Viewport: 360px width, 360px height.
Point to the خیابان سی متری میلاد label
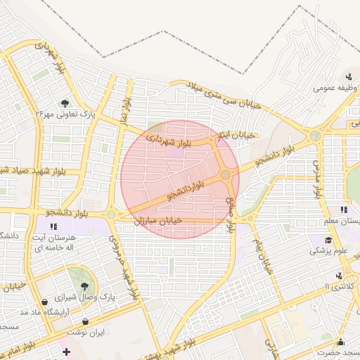pyautogui.click(x=224, y=95)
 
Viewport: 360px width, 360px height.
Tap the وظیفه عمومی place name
pyautogui.click(x=337, y=88)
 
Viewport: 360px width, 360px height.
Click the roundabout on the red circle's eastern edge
pyautogui.click(x=226, y=174)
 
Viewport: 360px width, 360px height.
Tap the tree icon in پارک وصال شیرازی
pyautogui.click(x=85, y=286)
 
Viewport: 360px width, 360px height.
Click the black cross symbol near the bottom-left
pyautogui.click(x=67, y=352)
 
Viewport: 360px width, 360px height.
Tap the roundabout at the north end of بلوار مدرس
pyautogui.click(x=315, y=135)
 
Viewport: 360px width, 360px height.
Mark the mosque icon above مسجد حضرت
pyautogui.click(x=340, y=340)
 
